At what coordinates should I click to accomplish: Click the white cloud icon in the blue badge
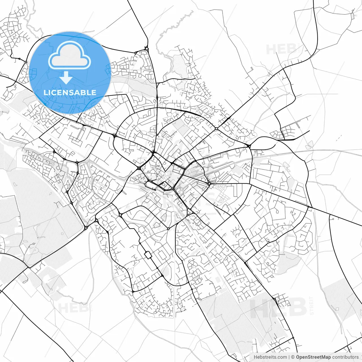(x=70, y=55)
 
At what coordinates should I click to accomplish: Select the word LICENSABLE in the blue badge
(x=70, y=92)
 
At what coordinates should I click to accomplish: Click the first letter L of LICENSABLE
(x=46, y=92)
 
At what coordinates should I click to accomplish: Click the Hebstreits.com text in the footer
(x=270, y=357)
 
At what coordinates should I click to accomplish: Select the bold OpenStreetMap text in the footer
(x=313, y=357)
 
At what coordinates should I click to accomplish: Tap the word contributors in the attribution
(x=345, y=357)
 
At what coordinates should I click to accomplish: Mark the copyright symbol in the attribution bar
(x=293, y=357)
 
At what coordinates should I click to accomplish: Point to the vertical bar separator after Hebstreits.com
(x=289, y=357)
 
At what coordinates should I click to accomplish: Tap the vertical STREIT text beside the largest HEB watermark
(x=312, y=305)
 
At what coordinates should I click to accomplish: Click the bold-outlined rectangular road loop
(x=148, y=255)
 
